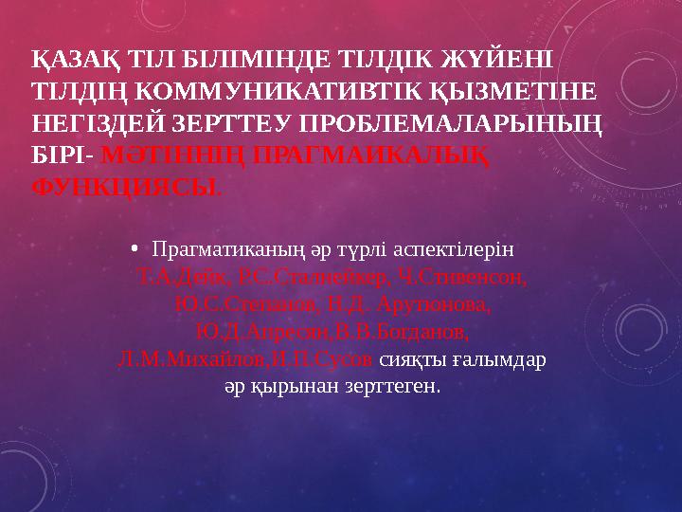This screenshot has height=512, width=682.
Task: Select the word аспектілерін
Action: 458,251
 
